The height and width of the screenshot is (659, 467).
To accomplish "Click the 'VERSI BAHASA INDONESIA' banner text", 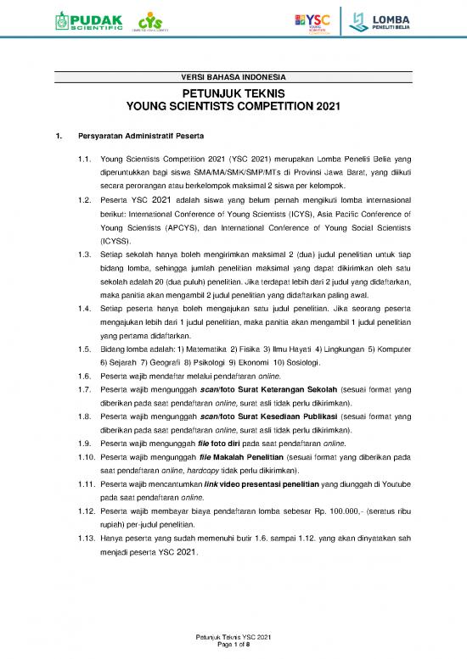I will click(x=233, y=78).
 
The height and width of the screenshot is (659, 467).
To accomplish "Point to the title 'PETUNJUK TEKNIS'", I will click(x=233, y=94).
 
